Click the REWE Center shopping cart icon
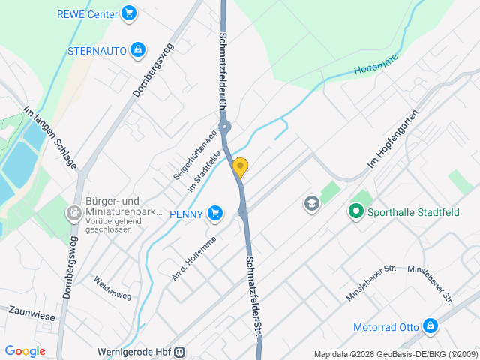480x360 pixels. coord(129,13)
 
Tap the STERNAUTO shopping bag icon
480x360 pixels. coord(137,50)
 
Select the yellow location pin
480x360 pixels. coord(240,167)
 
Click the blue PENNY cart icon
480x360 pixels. coord(216,214)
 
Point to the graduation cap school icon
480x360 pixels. coord(311,203)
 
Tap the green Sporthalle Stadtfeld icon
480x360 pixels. coord(355,211)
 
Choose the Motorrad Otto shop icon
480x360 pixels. coord(430,326)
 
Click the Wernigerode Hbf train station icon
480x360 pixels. coord(179,352)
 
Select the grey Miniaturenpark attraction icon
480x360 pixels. coord(74,214)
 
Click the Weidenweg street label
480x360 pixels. coord(112,288)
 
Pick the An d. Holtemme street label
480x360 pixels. coord(193,258)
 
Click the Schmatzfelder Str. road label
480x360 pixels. coord(253,295)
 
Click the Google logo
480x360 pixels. coord(25,350)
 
